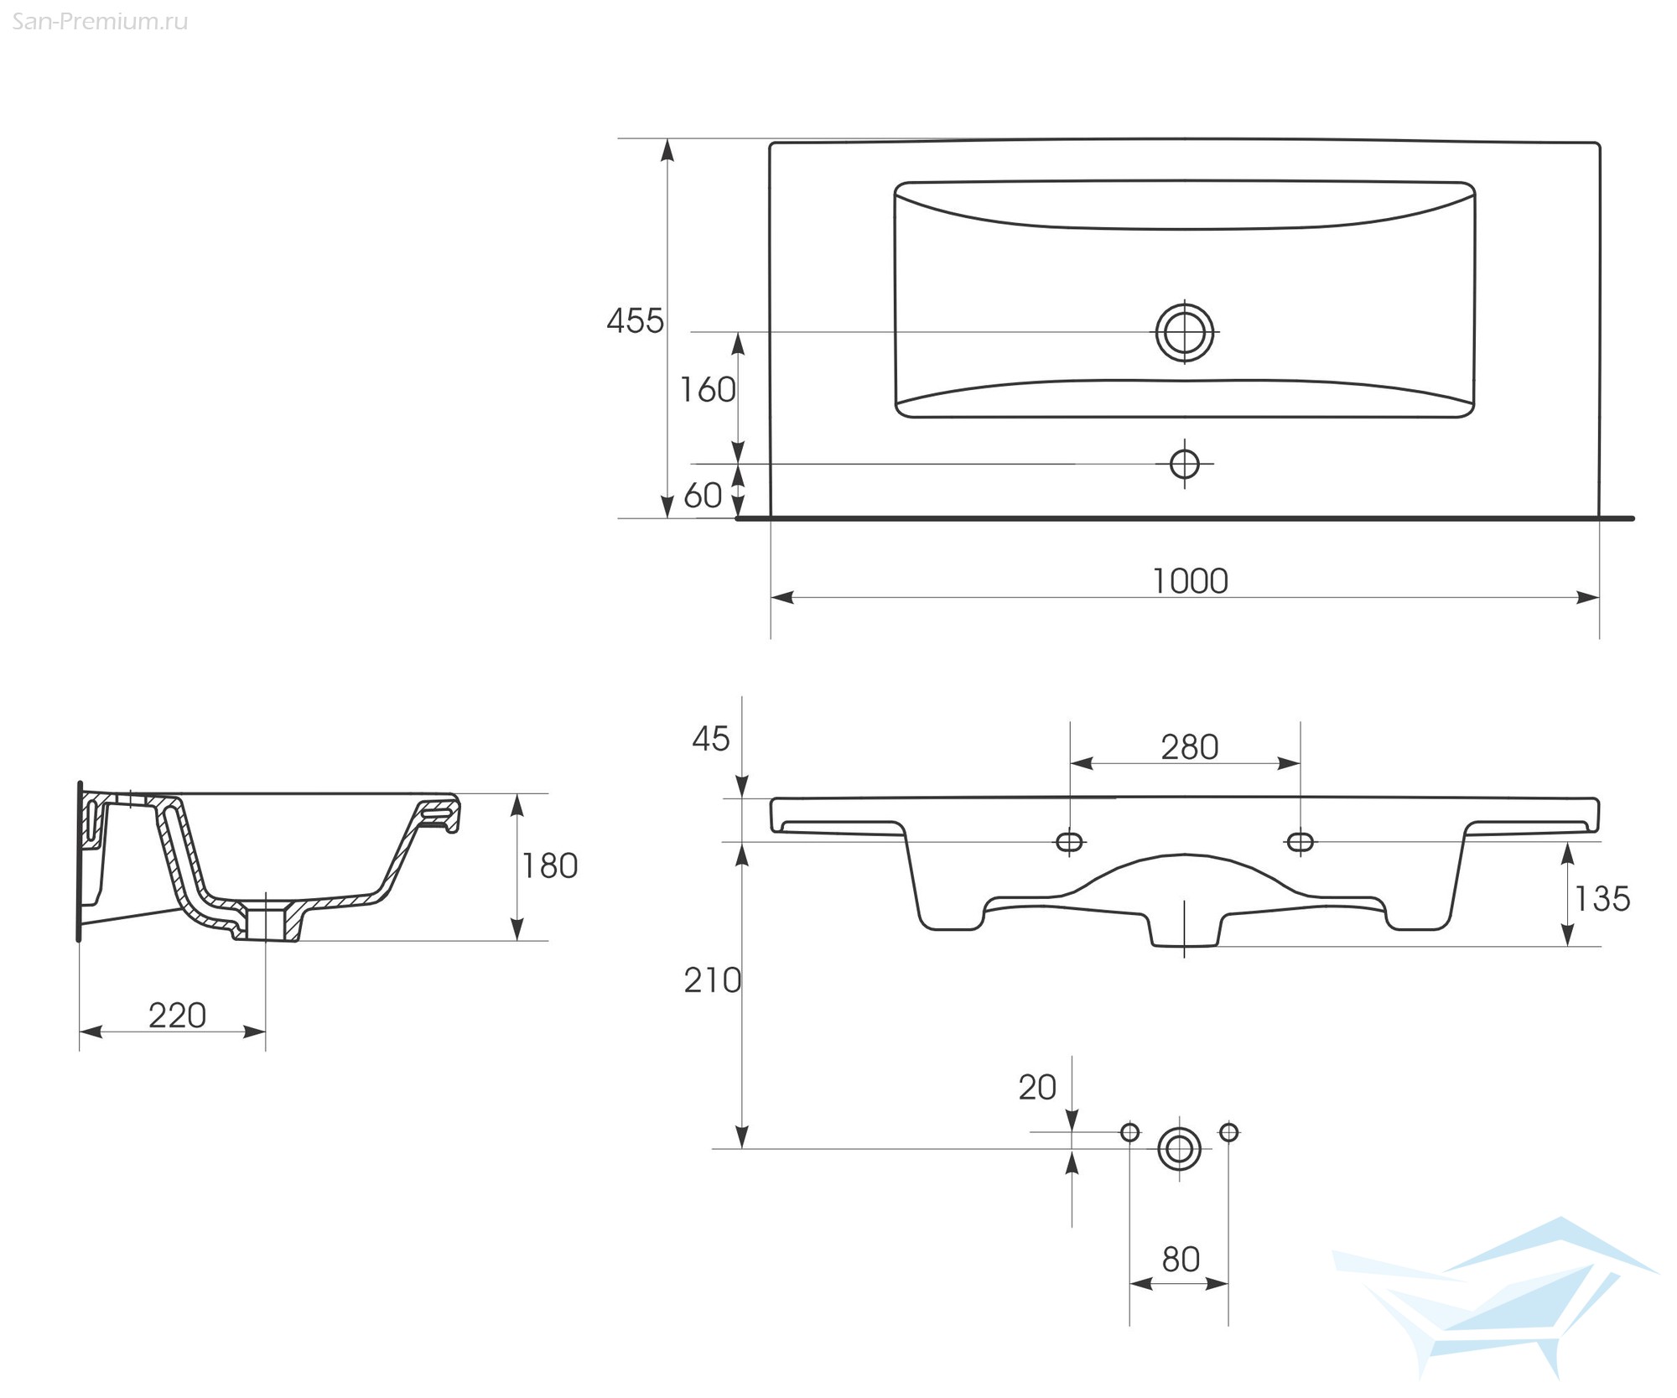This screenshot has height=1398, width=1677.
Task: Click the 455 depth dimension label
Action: point(635,321)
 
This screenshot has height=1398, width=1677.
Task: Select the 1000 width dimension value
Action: point(1190,581)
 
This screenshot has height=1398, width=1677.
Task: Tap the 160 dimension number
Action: point(708,390)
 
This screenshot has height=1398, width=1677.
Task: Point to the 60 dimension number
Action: point(703,496)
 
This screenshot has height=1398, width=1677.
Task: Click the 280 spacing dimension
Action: point(1190,747)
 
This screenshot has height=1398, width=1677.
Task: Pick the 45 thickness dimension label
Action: point(711,739)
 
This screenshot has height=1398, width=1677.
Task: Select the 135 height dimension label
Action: point(1602,899)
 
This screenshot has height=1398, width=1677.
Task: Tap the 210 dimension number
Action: point(713,980)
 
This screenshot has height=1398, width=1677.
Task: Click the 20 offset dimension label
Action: point(1037,1088)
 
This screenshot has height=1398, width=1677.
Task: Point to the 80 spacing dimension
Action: point(1181,1260)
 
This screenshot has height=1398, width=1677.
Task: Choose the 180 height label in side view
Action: point(550,866)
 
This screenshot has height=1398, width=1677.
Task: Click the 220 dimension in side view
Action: point(178,1016)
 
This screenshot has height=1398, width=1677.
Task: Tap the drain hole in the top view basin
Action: point(1185,332)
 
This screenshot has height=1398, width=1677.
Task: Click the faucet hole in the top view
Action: point(1185,464)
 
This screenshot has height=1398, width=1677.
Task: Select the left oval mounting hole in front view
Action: point(1070,841)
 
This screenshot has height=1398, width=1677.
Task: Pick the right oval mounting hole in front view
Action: point(1301,841)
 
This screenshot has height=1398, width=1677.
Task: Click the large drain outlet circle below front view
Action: point(1180,1149)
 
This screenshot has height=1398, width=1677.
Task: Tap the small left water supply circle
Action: point(1130,1133)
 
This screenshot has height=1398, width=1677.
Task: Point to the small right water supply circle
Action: point(1229,1133)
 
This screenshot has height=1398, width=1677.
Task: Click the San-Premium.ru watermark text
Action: point(100,22)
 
